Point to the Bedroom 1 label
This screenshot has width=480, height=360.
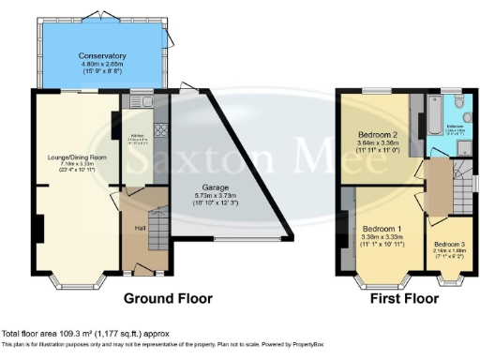click(x=382, y=229)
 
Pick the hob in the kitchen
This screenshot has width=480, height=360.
click(x=160, y=131)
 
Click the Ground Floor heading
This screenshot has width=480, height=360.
click(x=169, y=299)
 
